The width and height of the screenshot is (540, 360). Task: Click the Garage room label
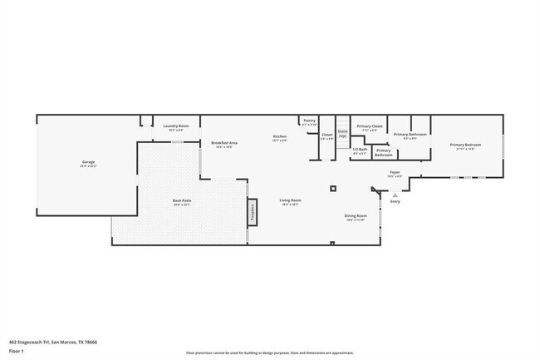(88, 162)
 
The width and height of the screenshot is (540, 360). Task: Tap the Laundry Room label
(176, 126)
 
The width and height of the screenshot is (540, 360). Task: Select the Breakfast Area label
(224, 143)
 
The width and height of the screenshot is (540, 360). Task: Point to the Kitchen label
(280, 137)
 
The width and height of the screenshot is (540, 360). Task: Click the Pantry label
(309, 121)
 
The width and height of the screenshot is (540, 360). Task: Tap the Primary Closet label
(370, 127)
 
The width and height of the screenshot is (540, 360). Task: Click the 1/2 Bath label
(360, 150)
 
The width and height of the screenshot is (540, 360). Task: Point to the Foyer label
(395, 173)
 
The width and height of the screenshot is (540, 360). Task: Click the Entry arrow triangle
(395, 195)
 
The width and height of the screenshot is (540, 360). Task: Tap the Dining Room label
(356, 217)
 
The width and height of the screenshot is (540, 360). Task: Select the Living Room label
(290, 201)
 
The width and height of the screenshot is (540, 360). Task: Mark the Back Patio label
(182, 201)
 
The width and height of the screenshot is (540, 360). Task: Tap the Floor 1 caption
(17, 351)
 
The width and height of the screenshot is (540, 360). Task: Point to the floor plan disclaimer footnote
(270, 353)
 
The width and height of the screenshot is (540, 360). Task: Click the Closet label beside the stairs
(327, 136)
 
